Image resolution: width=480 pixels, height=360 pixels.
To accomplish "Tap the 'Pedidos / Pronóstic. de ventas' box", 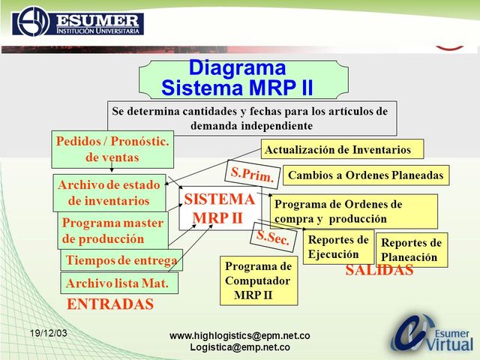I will click(x=112, y=149).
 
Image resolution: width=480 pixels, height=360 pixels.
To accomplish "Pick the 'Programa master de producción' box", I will click(x=112, y=230).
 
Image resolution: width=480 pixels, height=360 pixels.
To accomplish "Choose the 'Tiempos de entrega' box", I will click(x=121, y=260).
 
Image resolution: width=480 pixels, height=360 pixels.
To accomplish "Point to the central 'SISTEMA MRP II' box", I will click(x=219, y=208).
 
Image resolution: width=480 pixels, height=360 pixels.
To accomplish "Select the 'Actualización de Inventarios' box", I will click(x=342, y=148).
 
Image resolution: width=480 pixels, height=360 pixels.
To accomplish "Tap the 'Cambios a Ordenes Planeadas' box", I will click(x=366, y=175).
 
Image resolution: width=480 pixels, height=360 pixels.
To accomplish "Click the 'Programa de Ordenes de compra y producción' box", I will click(x=353, y=211).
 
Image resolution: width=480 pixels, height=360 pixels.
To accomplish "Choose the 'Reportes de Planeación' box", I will click(x=411, y=250).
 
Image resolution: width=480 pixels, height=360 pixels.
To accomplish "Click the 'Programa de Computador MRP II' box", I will click(x=258, y=280).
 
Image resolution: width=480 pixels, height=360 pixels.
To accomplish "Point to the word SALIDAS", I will click(x=379, y=271).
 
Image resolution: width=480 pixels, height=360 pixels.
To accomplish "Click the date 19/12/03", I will click(x=49, y=332).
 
